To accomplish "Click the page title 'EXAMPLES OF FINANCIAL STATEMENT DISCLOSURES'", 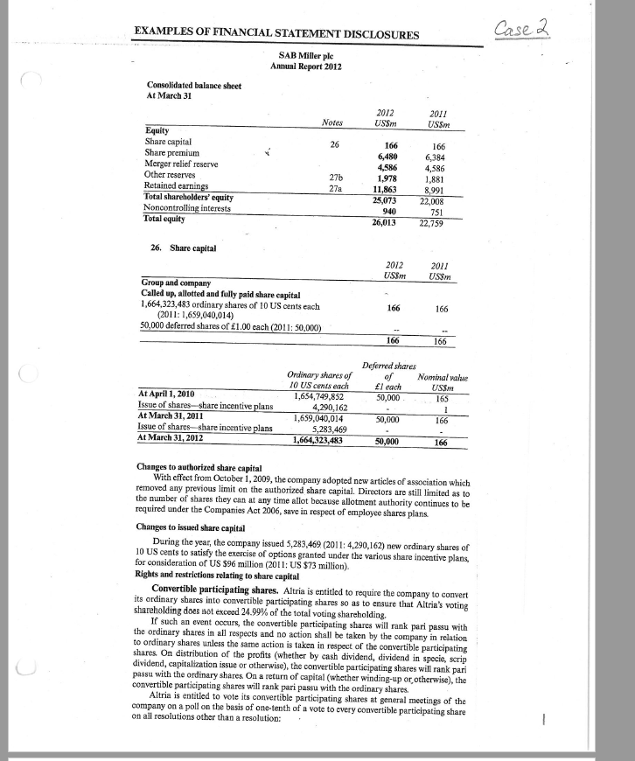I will coord(277,34).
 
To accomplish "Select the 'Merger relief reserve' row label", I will coord(182,165).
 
